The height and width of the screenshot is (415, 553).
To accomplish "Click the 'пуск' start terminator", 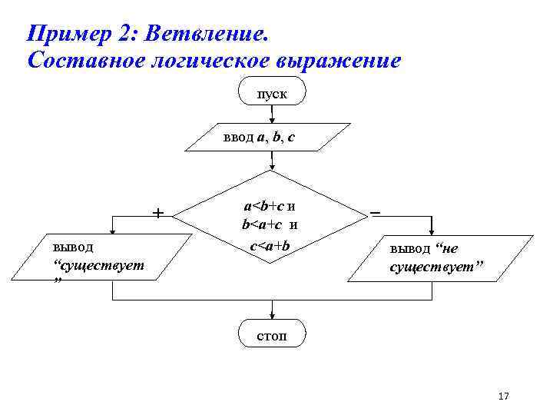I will pyautogui.click(x=273, y=92).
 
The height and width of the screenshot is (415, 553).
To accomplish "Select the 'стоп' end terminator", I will pyautogui.click(x=273, y=335).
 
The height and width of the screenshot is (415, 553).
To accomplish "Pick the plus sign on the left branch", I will pyautogui.click(x=157, y=212).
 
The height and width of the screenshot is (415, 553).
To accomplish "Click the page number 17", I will pyautogui.click(x=504, y=396).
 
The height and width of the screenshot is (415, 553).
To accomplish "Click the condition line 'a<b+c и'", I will pyautogui.click(x=270, y=205).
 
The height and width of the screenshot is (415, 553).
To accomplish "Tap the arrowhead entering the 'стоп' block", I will pyautogui.click(x=273, y=314).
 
